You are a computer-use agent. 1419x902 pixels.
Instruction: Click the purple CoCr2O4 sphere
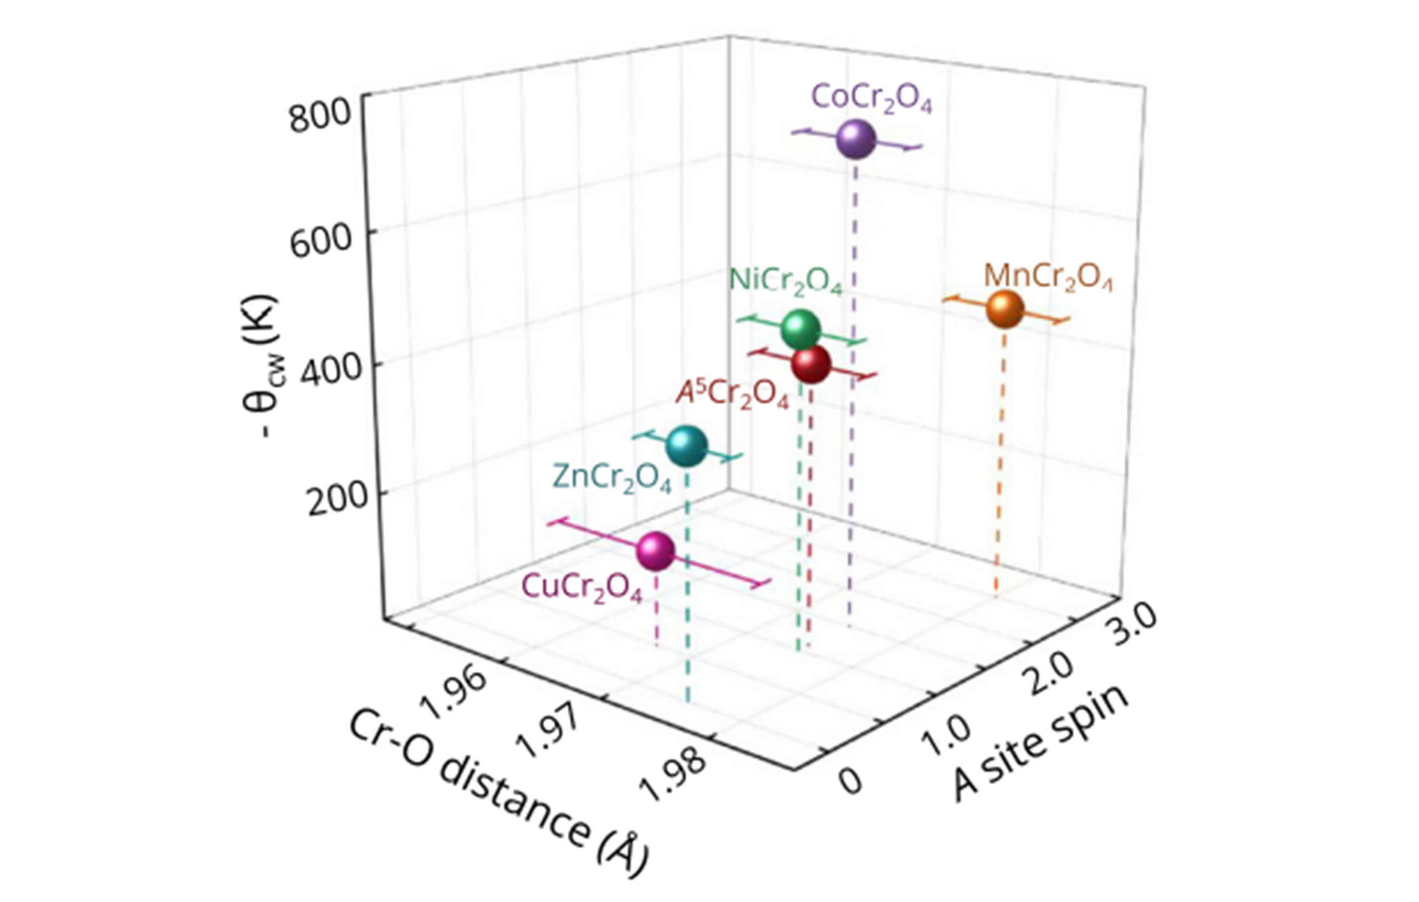[856, 139]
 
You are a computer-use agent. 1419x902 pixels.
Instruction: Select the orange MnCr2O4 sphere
[1005, 310]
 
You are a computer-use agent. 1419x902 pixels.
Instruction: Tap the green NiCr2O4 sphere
[800, 329]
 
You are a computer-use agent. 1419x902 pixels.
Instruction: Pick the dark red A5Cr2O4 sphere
[811, 364]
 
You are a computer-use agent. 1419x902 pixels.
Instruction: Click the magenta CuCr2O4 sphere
[655, 550]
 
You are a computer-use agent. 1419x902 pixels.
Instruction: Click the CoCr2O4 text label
[871, 99]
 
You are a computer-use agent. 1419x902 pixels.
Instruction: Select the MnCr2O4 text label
[1048, 277]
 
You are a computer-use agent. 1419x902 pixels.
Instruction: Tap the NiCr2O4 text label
[786, 281]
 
